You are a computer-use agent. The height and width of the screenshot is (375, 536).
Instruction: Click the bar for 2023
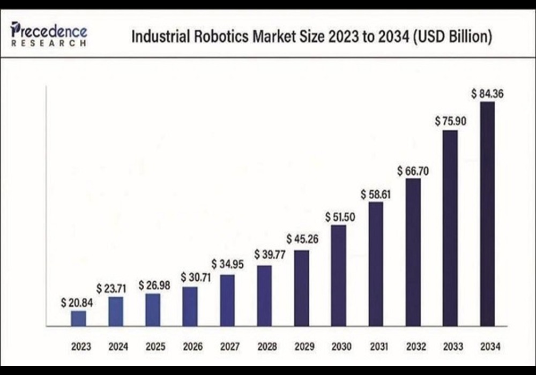[x=78, y=318]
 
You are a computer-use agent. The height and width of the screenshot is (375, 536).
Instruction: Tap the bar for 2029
[x=302, y=288]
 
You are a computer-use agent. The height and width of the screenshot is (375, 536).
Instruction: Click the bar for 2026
[x=190, y=306]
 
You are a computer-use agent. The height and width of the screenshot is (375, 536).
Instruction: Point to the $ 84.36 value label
[x=487, y=94]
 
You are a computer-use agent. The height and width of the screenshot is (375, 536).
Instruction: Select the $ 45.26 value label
[x=302, y=238]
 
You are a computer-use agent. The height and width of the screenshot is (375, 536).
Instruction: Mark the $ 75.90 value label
[x=450, y=121]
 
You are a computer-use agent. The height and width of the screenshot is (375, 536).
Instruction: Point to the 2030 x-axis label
[x=338, y=347]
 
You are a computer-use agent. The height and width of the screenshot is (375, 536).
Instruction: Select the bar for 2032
[x=413, y=252]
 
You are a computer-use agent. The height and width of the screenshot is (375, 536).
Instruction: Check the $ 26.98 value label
[x=154, y=285]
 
